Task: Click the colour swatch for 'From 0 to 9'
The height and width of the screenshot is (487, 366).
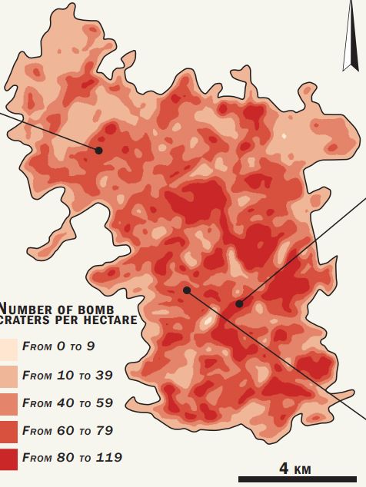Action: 8,346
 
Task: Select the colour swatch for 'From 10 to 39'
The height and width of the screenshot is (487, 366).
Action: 8,375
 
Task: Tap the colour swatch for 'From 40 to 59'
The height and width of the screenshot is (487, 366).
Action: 8,403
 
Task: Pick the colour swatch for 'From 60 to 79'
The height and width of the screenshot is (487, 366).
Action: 8,430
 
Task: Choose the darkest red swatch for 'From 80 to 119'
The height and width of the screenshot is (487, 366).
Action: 8,458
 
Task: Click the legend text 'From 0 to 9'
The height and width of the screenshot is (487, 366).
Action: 58,346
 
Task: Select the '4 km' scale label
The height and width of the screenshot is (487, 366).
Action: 294,468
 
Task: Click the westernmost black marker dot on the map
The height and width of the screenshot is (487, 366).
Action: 98,151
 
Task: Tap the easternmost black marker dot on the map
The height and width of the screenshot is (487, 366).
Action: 239,304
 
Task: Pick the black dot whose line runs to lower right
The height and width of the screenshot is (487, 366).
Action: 186,290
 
